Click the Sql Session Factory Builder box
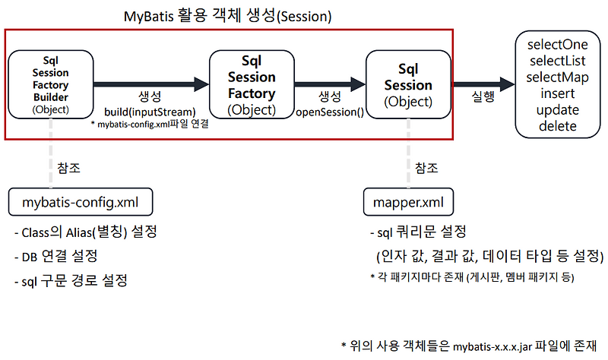(51, 84)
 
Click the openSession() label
(329, 112)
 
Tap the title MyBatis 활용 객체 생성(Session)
(228, 15)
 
